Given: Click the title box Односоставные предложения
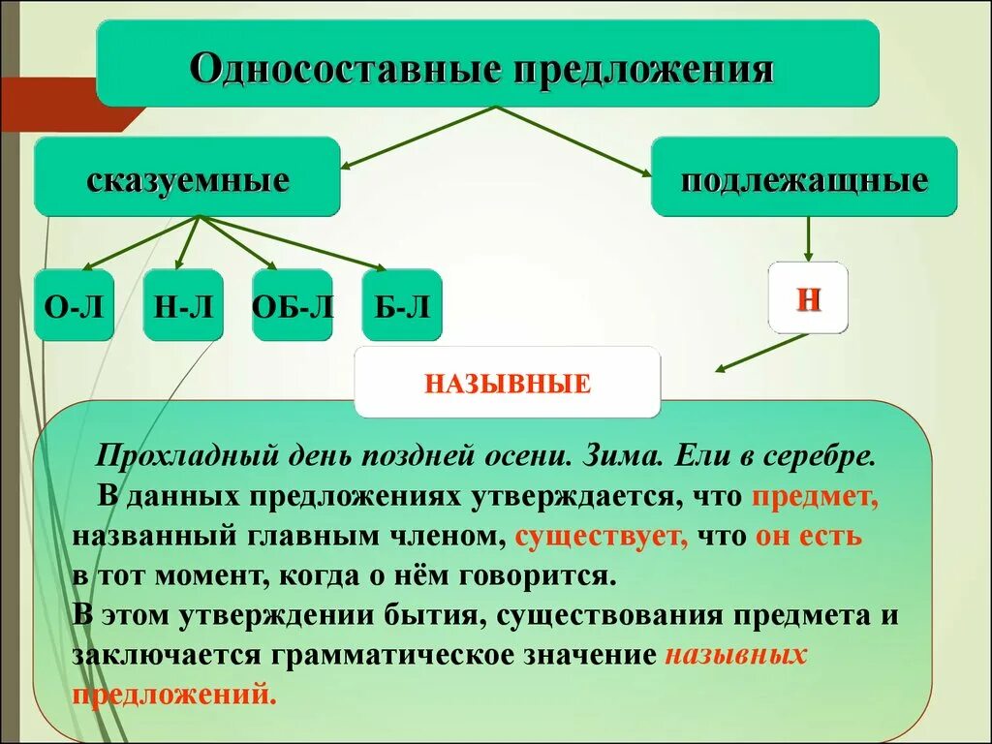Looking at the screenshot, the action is pos(487,63).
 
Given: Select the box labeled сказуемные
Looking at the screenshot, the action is pos(188,176).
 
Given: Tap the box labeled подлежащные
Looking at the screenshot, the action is pos(803,176).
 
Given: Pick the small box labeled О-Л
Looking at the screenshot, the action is pos(74,305).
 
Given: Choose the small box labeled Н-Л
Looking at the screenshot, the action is pos(183,305).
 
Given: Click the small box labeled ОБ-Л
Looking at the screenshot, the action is pos(292,305).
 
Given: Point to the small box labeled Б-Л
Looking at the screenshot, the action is pos(402,305).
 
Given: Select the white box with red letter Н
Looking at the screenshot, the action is pos(808,297).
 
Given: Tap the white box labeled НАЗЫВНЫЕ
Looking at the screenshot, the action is pos(507,382).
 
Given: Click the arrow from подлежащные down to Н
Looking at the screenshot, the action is pos(809,238).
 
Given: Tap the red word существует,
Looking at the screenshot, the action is pos(601,536).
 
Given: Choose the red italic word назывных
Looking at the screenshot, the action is pos(736,653).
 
